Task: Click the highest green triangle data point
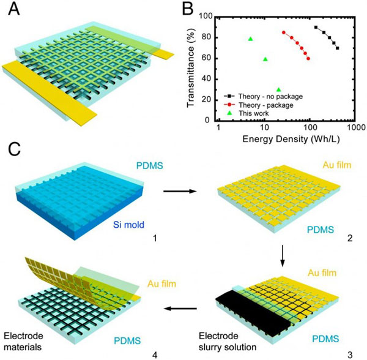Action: [250, 39]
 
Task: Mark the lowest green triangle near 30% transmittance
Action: [279, 89]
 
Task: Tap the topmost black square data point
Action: [316, 28]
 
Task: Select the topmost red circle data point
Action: [284, 33]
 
